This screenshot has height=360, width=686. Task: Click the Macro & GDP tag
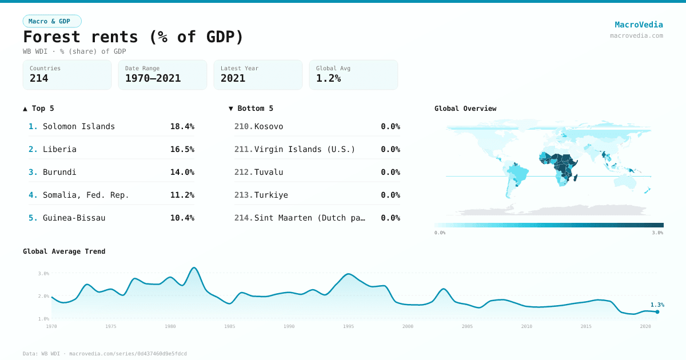[52, 21]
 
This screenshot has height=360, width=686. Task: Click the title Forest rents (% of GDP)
[133, 37]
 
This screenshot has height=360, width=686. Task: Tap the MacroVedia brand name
[639, 25]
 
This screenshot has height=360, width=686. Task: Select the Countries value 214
[39, 78]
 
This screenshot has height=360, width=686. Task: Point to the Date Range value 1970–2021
[153, 78]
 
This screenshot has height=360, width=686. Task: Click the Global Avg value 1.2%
[328, 78]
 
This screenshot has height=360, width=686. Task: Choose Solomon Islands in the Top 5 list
[79, 126]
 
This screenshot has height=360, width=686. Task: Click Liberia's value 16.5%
[182, 149]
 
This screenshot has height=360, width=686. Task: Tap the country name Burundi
[59, 172]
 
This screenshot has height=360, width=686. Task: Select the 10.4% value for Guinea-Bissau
[182, 218]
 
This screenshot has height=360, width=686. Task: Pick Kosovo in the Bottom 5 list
[269, 126]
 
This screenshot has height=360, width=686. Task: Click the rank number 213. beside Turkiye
[244, 195]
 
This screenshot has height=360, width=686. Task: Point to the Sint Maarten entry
[309, 218]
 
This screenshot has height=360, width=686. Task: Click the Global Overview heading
[465, 109]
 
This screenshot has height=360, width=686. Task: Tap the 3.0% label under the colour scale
[657, 233]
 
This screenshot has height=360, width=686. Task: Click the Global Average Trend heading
[64, 251]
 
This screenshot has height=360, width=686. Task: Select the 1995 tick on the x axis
[349, 326]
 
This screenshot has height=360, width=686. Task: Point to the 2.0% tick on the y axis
[43, 296]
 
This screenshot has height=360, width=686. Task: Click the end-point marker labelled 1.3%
[657, 312]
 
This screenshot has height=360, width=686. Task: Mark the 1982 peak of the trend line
[194, 267]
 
